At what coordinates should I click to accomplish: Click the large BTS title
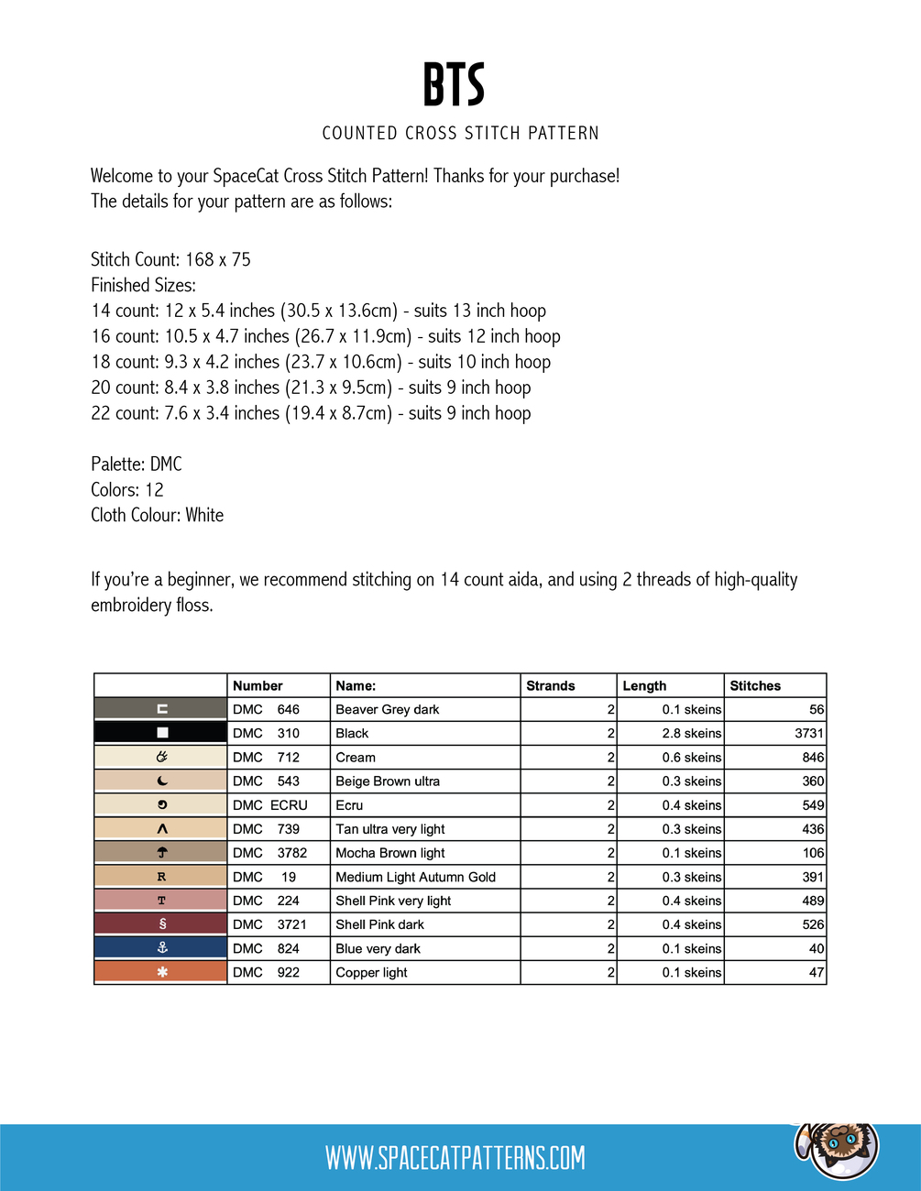tap(454, 84)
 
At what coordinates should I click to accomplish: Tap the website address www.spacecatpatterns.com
tap(455, 1158)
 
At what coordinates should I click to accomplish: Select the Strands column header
tap(551, 685)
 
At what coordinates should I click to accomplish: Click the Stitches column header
tap(755, 685)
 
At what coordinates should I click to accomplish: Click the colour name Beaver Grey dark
tap(388, 709)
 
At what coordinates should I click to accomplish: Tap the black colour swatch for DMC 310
tap(161, 733)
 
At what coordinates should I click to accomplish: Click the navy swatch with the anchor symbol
tap(161, 948)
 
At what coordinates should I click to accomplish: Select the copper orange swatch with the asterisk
tap(161, 972)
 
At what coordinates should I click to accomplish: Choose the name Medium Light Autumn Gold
tap(415, 877)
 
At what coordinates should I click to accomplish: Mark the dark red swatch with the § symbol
tap(161, 924)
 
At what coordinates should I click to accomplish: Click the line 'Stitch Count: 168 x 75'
tap(170, 259)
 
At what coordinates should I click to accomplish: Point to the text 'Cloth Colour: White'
tap(157, 515)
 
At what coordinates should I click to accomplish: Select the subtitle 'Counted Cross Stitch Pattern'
tap(460, 133)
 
